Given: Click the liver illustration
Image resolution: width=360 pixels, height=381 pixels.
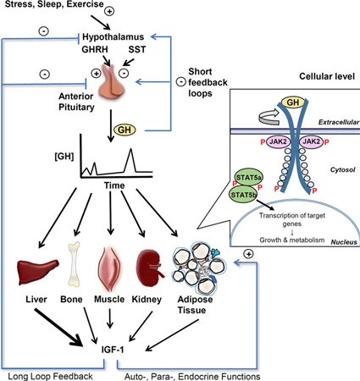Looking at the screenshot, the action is pos(38,272).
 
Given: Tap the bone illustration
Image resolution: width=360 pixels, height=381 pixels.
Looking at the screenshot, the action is pos(75,264).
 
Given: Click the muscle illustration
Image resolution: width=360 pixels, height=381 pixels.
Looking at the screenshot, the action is pos(110,268).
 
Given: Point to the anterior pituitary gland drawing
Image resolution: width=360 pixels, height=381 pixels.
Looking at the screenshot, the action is pos(112,83).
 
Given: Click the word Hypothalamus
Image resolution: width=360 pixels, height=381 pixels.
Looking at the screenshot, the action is pos(113,37).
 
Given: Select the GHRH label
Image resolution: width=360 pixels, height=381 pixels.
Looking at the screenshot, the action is pos(95,49).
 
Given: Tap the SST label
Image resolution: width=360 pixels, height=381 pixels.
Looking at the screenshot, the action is pos(137,49).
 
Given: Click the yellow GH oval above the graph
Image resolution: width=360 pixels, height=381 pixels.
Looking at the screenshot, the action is pos(125,130).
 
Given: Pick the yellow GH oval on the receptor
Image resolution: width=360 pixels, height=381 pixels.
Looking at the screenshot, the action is pos(293,102).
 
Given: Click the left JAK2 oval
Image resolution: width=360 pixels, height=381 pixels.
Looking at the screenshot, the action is pos(278,141).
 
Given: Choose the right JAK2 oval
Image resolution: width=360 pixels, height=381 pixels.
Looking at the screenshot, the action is pos(311,141).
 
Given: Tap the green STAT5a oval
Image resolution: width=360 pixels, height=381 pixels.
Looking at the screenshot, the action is pos(249,178).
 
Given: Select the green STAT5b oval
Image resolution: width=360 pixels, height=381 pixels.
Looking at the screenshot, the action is pos(243,195).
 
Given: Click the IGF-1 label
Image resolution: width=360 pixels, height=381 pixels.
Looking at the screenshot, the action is pos(113,350).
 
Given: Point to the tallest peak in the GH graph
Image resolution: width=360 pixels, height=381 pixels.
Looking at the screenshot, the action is pos(130,149).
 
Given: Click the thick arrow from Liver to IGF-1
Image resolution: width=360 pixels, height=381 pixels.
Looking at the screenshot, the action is pos(58,328).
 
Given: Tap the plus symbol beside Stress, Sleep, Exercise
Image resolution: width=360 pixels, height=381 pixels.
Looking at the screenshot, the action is pos(109,11).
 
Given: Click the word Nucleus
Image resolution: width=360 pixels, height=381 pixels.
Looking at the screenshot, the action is pos(344,242).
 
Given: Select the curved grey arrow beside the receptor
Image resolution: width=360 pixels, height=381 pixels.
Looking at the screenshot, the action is pos(269,116).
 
